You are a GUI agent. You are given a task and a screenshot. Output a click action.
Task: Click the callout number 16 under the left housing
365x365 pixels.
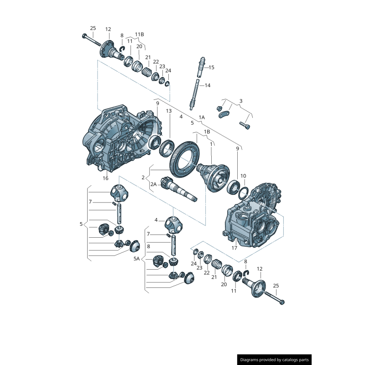(105, 178)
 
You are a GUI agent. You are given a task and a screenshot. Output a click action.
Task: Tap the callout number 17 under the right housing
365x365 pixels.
(235, 249)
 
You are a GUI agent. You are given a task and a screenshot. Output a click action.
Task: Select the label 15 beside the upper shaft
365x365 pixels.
(211, 68)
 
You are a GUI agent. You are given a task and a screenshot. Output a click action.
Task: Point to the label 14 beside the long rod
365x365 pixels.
(207, 85)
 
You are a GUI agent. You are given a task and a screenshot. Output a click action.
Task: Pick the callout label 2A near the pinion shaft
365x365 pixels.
(154, 184)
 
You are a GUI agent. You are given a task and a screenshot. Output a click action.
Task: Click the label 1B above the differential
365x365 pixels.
(207, 132)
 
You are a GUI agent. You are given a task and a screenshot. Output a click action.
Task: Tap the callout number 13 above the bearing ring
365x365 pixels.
(169, 111)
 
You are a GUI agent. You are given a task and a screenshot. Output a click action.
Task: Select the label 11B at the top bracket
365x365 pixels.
(139, 35)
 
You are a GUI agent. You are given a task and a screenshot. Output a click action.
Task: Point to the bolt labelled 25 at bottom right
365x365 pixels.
(282, 302)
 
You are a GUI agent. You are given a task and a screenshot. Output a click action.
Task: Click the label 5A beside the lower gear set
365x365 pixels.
(136, 259)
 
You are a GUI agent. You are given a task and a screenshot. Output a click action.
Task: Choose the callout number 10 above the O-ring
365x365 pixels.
(243, 176)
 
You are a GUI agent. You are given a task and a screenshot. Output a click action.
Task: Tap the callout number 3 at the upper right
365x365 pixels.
(241, 101)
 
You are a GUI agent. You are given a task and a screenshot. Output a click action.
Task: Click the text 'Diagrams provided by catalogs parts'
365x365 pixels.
(275, 360)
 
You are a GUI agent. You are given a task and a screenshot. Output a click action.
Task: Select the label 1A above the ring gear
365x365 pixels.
(202, 117)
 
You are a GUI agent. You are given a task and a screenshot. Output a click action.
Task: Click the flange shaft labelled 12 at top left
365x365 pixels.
(109, 49)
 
